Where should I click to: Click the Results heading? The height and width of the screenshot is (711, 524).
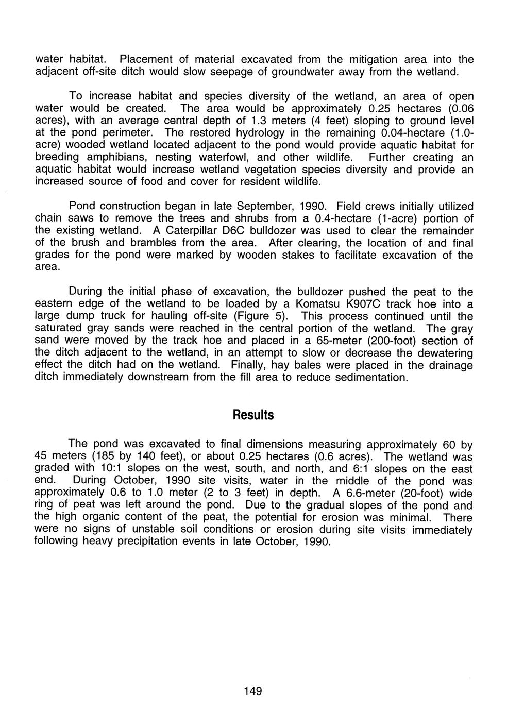[x=253, y=415]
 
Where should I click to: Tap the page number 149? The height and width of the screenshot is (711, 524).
[x=253, y=691]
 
